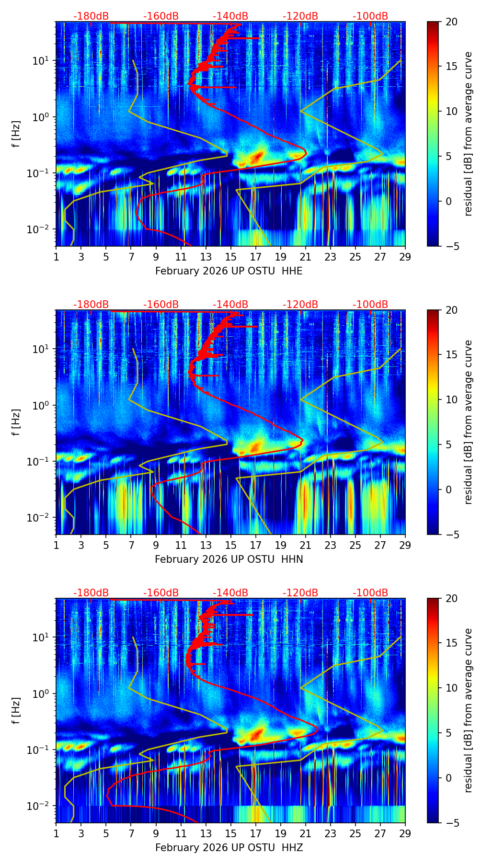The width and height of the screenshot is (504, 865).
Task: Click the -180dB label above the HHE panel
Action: tap(91, 16)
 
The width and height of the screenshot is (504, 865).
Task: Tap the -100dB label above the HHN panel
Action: tap(370, 305)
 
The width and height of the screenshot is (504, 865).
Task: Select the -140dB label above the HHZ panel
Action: tap(230, 593)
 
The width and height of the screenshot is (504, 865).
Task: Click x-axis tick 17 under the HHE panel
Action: tap(256, 257)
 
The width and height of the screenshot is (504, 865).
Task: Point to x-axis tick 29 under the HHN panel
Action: tap(405, 545)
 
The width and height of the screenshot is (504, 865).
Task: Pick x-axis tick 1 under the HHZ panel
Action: tap(57, 833)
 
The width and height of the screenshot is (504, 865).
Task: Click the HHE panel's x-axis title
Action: tap(229, 271)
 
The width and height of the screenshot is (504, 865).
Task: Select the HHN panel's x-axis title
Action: tap(229, 559)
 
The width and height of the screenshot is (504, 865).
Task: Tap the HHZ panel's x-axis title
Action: tap(229, 848)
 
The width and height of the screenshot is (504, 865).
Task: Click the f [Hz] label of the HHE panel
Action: tap(16, 134)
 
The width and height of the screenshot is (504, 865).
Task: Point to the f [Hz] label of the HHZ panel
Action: tap(16, 711)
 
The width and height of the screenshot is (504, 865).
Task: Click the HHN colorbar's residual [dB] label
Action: tap(468, 422)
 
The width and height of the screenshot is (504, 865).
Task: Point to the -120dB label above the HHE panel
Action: tap(300, 16)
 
